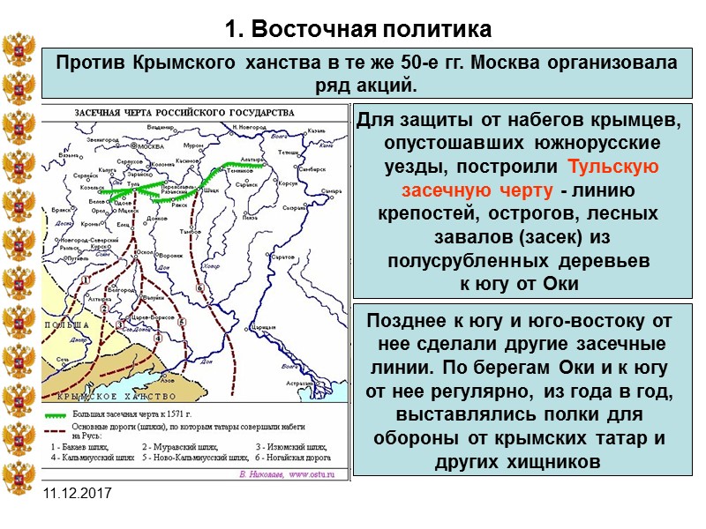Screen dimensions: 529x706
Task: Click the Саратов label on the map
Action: [x=282, y=256]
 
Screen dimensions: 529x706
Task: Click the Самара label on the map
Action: [x=331, y=191]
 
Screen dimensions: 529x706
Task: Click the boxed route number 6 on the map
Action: [x=201, y=288]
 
